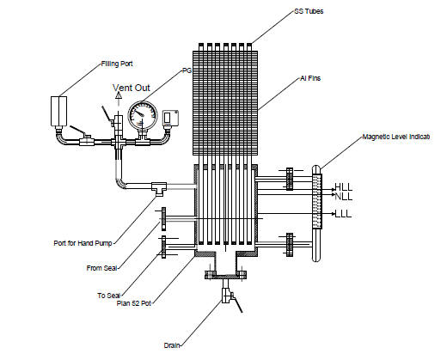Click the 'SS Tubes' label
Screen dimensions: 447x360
[x=309, y=11]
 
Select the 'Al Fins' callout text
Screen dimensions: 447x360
[x=310, y=78]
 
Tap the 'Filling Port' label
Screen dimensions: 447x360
[x=117, y=64]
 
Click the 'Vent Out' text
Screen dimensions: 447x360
[x=132, y=88]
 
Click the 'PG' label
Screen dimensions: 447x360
[x=187, y=70]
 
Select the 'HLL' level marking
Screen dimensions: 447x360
[x=344, y=187]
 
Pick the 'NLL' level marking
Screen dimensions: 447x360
[x=344, y=197]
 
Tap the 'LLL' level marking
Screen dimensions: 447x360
[x=343, y=214]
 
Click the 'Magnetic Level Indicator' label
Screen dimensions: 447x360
[x=396, y=137]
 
